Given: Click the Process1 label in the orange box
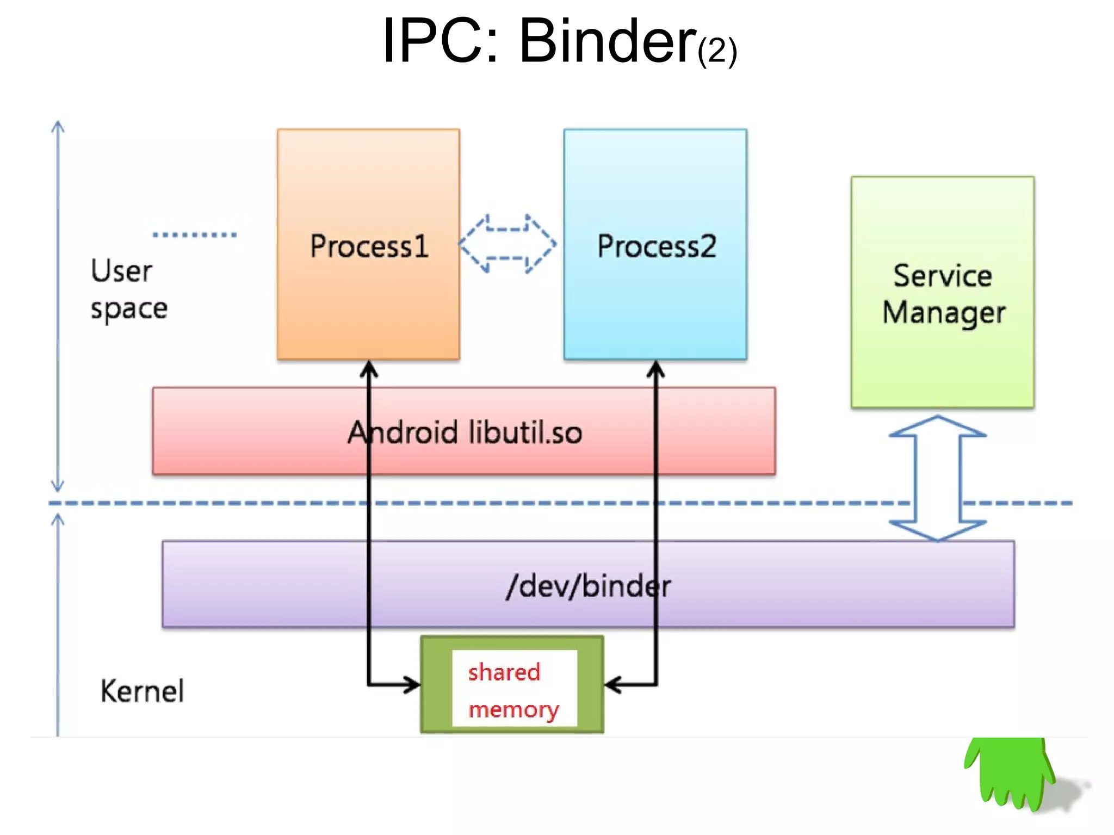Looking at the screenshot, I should click(369, 246).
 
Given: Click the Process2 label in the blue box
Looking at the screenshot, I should click(656, 246).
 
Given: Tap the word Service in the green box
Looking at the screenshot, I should click(942, 275).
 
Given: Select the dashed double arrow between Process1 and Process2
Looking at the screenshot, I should click(508, 244).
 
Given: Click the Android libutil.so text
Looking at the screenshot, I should click(465, 432).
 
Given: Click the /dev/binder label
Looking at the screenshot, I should click(588, 586).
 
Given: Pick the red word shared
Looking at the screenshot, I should click(504, 672).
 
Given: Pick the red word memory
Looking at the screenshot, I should click(513, 709).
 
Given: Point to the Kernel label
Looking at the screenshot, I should click(142, 691).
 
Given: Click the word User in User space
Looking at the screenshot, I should click(121, 271).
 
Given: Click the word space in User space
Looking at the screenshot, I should click(129, 309).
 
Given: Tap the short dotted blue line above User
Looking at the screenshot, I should click(195, 235).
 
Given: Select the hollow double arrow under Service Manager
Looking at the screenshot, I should click(937, 478).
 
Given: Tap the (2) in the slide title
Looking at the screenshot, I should click(717, 51).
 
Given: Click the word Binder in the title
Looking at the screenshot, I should click(607, 41).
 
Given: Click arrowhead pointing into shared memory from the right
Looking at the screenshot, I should click(612, 685).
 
